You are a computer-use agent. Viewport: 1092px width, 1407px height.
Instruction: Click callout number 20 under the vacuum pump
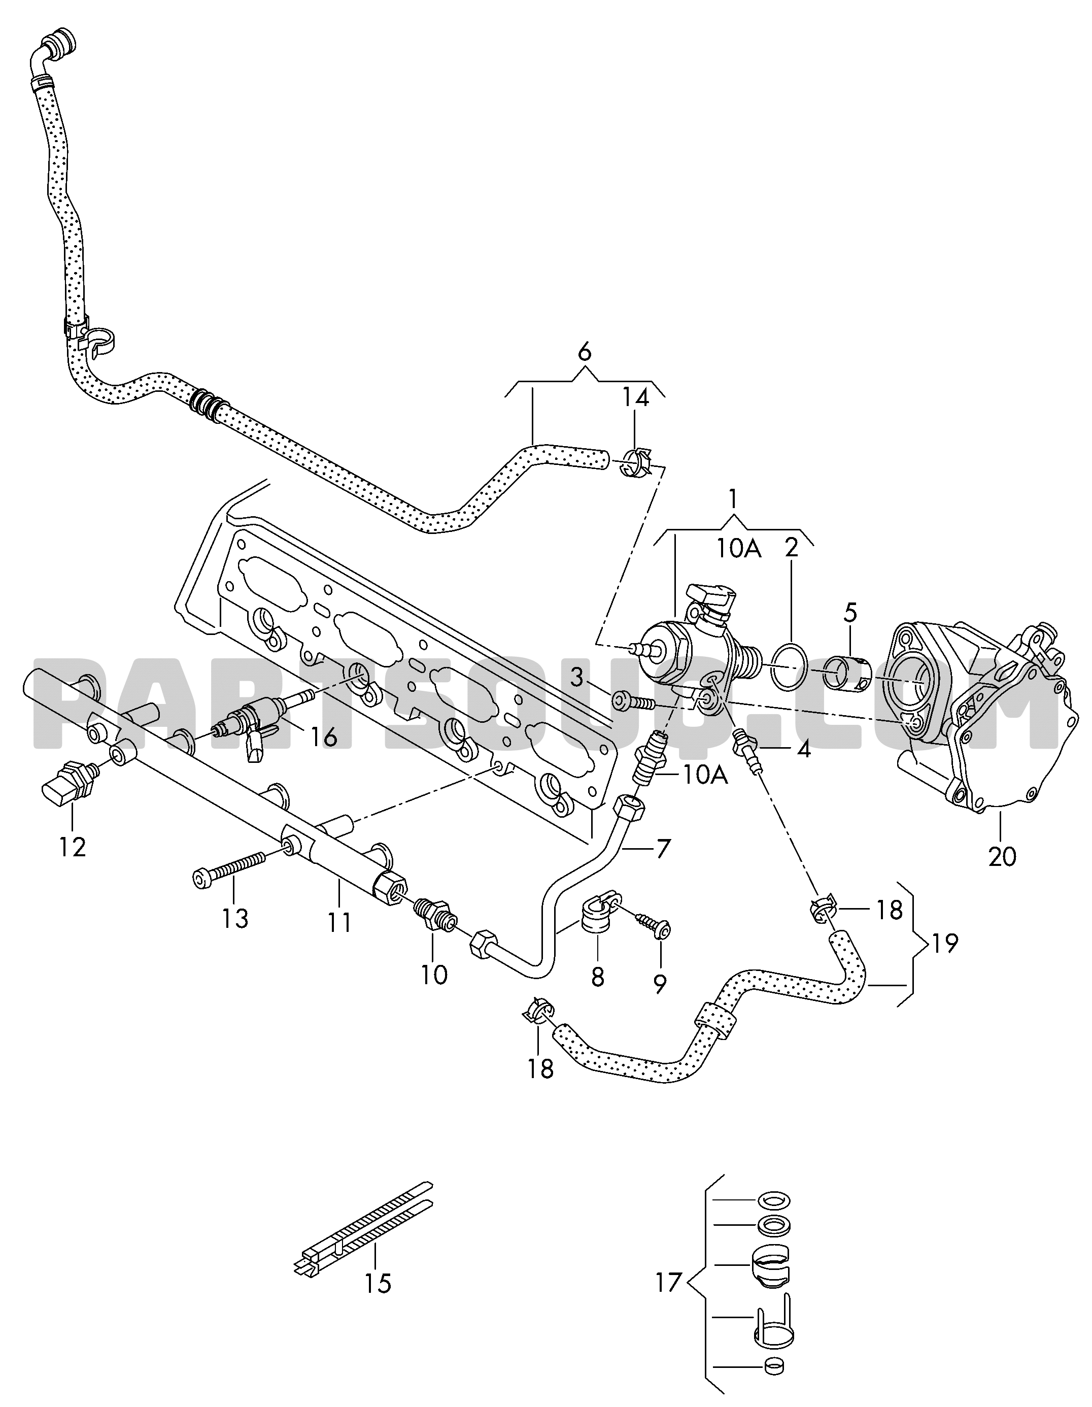[x=1001, y=856]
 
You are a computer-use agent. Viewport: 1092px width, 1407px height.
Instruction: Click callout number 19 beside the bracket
[x=944, y=943]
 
